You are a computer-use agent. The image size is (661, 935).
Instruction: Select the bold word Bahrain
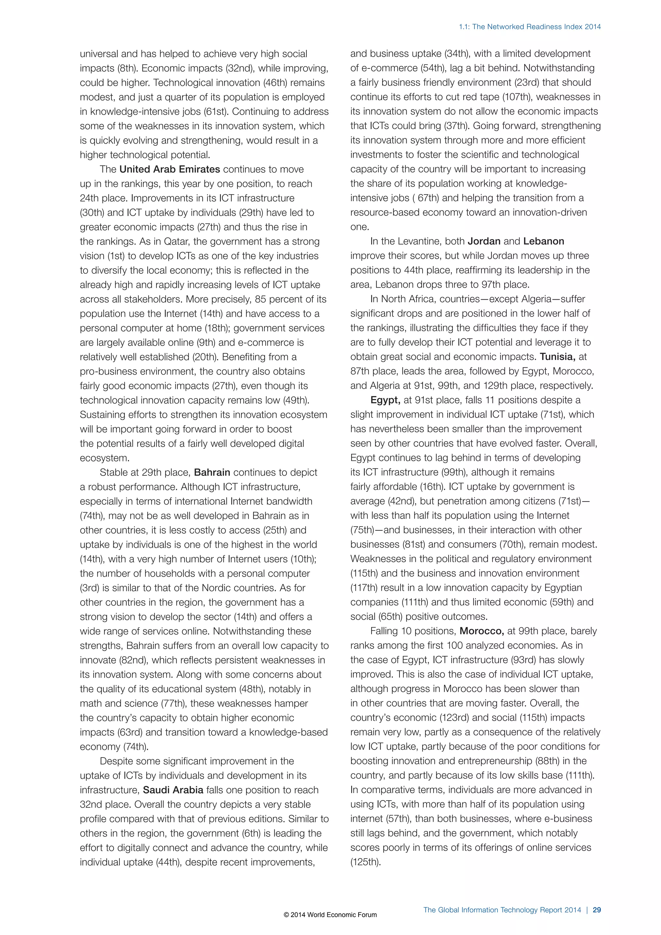212,472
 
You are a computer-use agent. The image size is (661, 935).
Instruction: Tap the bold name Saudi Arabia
173,790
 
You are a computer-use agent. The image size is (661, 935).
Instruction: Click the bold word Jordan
484,241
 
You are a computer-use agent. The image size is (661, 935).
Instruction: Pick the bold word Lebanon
544,241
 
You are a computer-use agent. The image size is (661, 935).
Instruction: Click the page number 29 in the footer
597,910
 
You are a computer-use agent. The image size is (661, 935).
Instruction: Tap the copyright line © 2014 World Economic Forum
330,915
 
